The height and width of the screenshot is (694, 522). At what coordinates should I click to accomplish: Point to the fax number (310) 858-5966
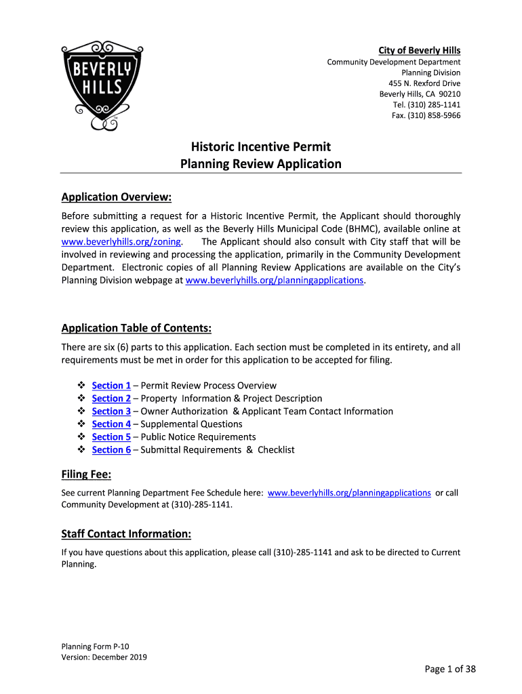[426, 115]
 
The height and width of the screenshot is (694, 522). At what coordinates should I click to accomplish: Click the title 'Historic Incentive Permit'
[260, 146]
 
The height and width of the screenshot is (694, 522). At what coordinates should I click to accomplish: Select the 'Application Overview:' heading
[116, 197]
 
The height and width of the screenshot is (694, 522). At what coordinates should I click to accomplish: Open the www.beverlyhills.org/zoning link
[121, 241]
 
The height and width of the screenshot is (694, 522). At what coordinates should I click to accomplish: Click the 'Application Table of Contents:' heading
[136, 329]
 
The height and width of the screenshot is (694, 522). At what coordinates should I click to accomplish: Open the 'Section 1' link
[111, 386]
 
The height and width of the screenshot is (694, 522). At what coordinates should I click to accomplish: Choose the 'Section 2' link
[111, 399]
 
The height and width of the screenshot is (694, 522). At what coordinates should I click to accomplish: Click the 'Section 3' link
[111, 411]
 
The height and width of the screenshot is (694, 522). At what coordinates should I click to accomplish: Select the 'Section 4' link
[111, 424]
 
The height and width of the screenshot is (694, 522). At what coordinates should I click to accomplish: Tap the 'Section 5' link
[111, 437]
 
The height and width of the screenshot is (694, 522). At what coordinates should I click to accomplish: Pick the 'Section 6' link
[111, 450]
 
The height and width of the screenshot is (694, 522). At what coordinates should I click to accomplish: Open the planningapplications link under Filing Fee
[349, 493]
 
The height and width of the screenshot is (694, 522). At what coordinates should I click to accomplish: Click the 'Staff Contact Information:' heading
[126, 534]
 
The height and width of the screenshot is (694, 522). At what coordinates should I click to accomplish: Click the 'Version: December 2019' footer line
[104, 657]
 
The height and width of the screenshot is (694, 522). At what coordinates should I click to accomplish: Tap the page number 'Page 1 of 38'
[450, 670]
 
